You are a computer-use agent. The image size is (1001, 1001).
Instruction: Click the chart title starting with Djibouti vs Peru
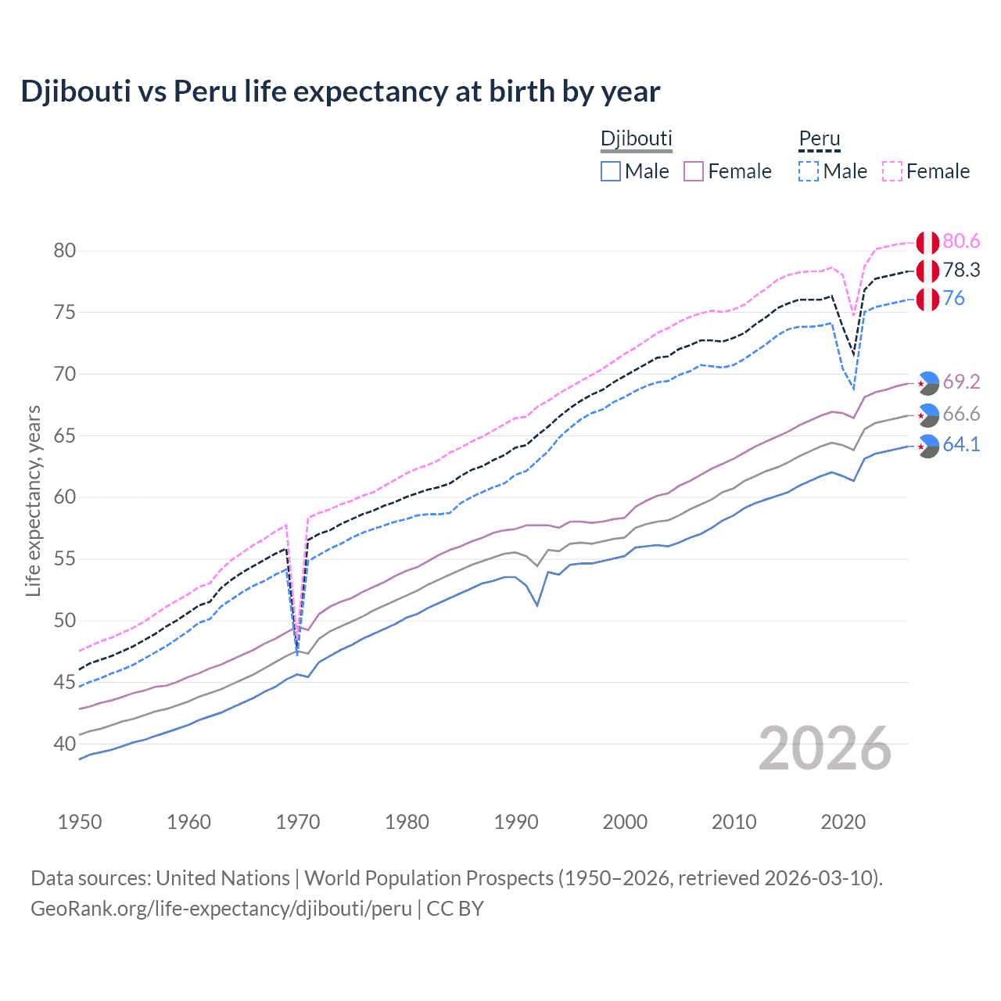click(x=340, y=91)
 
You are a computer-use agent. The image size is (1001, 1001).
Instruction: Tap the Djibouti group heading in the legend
click(x=636, y=138)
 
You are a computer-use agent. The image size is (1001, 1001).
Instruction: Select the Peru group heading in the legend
click(x=819, y=138)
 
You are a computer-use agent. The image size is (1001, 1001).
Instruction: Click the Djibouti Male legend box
click(x=611, y=171)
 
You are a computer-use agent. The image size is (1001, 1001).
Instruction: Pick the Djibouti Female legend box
click(x=694, y=171)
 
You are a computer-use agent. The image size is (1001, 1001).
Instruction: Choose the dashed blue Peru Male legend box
click(x=809, y=171)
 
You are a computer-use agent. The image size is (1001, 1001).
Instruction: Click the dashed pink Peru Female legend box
click(x=892, y=171)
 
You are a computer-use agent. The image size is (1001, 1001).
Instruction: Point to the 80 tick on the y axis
click(x=65, y=251)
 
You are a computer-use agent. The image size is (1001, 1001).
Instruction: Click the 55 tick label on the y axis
click(x=65, y=559)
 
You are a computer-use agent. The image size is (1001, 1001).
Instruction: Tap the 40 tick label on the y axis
click(x=65, y=744)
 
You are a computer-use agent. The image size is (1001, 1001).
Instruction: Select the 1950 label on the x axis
click(x=80, y=822)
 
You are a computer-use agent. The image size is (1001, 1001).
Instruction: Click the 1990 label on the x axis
click(x=516, y=822)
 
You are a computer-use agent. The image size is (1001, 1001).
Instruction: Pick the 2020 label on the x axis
click(x=843, y=822)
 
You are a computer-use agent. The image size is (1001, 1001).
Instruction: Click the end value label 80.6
click(x=961, y=242)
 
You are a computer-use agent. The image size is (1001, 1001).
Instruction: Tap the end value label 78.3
click(x=961, y=271)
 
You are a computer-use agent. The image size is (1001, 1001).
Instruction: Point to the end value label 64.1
click(x=961, y=445)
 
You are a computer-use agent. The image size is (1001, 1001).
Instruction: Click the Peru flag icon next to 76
click(x=927, y=299)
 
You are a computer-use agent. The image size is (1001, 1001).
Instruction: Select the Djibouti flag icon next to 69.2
click(x=927, y=382)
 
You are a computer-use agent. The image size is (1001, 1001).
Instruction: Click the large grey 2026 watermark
click(x=825, y=748)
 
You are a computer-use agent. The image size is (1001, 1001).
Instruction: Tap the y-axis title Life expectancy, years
click(x=33, y=500)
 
